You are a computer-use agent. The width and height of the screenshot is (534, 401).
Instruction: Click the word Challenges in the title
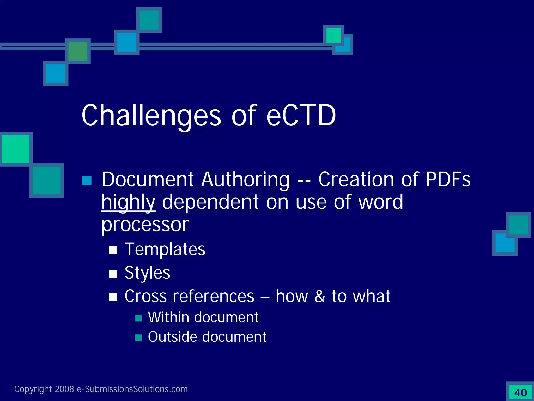coord(151,116)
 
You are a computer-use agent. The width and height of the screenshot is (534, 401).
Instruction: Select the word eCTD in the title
coord(301,116)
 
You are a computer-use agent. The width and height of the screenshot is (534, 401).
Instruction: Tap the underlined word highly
coord(128,202)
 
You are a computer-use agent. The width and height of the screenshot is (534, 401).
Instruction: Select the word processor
coord(145,225)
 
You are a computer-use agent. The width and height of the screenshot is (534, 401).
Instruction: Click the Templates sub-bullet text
coord(165,249)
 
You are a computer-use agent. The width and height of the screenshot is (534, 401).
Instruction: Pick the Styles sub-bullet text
coord(147,273)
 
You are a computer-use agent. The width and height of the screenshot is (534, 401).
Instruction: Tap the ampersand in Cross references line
coord(320,296)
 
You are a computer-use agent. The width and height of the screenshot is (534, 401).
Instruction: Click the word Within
coord(168,317)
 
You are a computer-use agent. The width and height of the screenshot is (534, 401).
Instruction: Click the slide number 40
coord(520,393)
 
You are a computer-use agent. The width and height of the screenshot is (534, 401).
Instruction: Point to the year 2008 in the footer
coord(64,389)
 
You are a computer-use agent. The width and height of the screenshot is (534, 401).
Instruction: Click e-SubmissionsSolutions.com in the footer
coord(132,389)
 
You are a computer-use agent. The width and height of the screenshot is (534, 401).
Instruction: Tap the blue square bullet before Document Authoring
coord(87,181)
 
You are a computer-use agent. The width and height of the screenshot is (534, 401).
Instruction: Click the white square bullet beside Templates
coord(113,250)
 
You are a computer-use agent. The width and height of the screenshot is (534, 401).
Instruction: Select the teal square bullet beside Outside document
coord(139,338)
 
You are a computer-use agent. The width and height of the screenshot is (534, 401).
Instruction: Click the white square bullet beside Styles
coord(113,274)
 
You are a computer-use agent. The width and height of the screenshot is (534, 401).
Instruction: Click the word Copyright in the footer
coord(33,389)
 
